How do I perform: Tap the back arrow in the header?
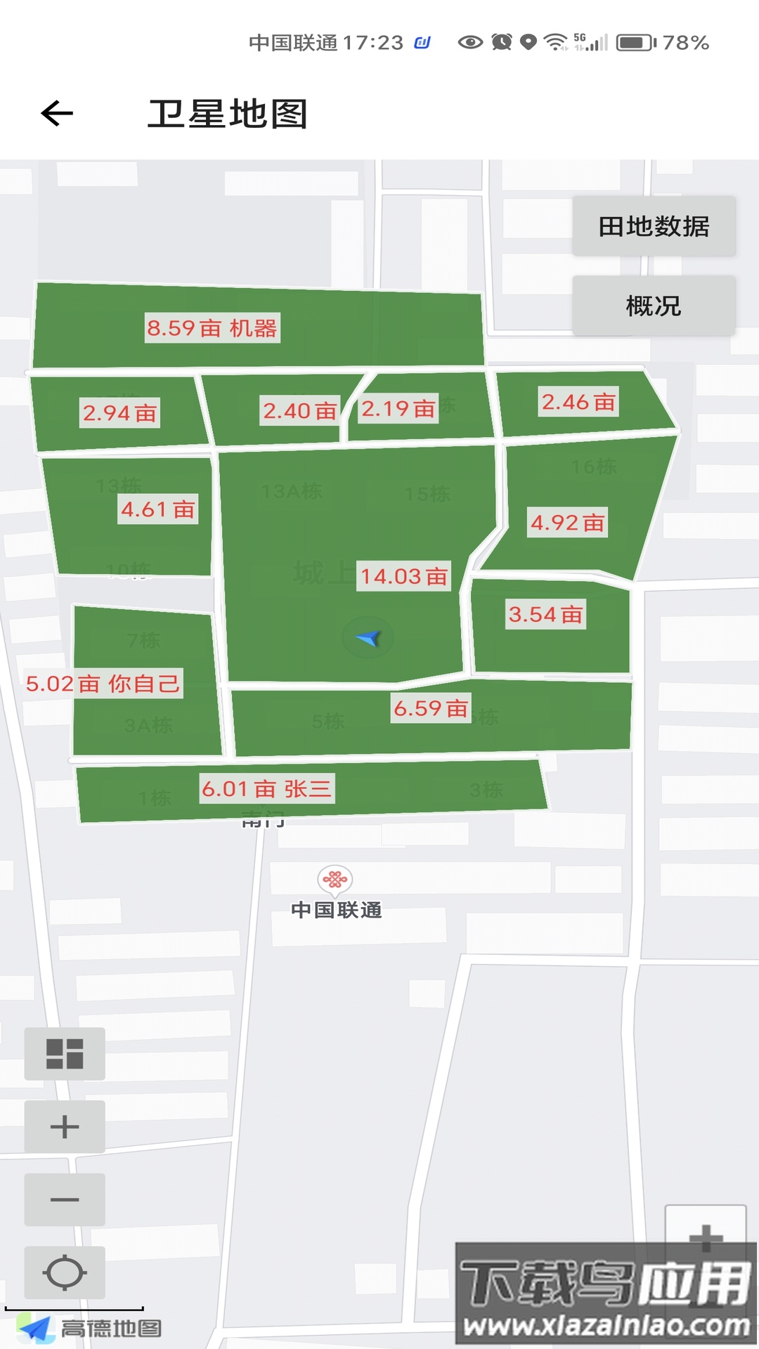pyautogui.click(x=57, y=113)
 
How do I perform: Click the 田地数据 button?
pyautogui.click(x=654, y=226)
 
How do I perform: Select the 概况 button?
pyautogui.click(x=654, y=306)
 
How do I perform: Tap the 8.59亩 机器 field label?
pyautogui.click(x=212, y=328)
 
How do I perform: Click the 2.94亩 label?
pyautogui.click(x=119, y=413)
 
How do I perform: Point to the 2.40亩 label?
pyautogui.click(x=299, y=410)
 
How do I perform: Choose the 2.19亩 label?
pyautogui.click(x=398, y=408)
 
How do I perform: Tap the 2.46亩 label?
pyautogui.click(x=578, y=402)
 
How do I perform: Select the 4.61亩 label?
pyautogui.click(x=157, y=509)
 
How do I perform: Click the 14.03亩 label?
pyautogui.click(x=404, y=576)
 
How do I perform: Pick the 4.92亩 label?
pyautogui.click(x=567, y=523)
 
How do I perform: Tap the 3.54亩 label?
pyautogui.click(x=545, y=615)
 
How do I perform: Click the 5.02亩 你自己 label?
pyautogui.click(x=103, y=684)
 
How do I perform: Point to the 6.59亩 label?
pyautogui.click(x=430, y=708)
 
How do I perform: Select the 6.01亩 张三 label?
pyautogui.click(x=266, y=789)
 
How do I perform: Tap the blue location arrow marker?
pyautogui.click(x=368, y=637)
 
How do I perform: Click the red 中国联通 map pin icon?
pyautogui.click(x=335, y=879)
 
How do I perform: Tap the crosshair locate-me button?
pyautogui.click(x=65, y=1272)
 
